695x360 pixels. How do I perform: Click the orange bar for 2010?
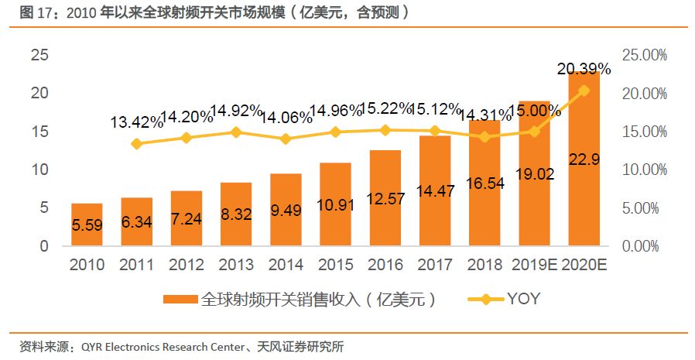[86, 225]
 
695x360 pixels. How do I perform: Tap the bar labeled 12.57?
[385, 198]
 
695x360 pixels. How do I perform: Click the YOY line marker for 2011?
[136, 143]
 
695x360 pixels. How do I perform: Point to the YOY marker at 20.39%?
[584, 91]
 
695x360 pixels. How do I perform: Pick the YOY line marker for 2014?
[286, 139]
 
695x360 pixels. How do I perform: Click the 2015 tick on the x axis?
[335, 265]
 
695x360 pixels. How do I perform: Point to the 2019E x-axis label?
[534, 265]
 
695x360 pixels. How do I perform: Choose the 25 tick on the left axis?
[39, 55]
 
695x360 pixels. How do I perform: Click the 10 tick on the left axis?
[39, 170]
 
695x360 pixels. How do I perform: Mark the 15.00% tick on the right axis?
[644, 132]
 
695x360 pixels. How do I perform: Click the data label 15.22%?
[385, 110]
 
